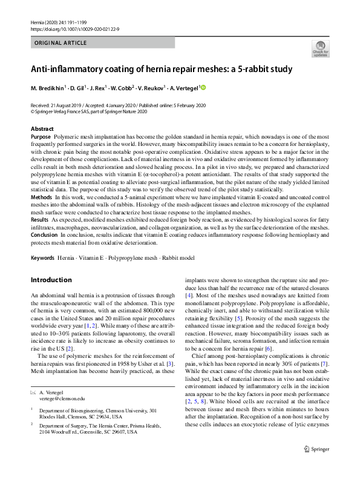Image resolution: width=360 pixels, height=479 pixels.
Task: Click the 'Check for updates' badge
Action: [x=319, y=48]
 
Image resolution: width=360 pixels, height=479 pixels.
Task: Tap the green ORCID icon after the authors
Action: [x=203, y=88]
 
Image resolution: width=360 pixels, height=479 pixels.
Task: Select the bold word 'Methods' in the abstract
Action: [x=41, y=197]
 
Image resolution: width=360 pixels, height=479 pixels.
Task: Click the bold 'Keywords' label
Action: [x=43, y=258]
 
